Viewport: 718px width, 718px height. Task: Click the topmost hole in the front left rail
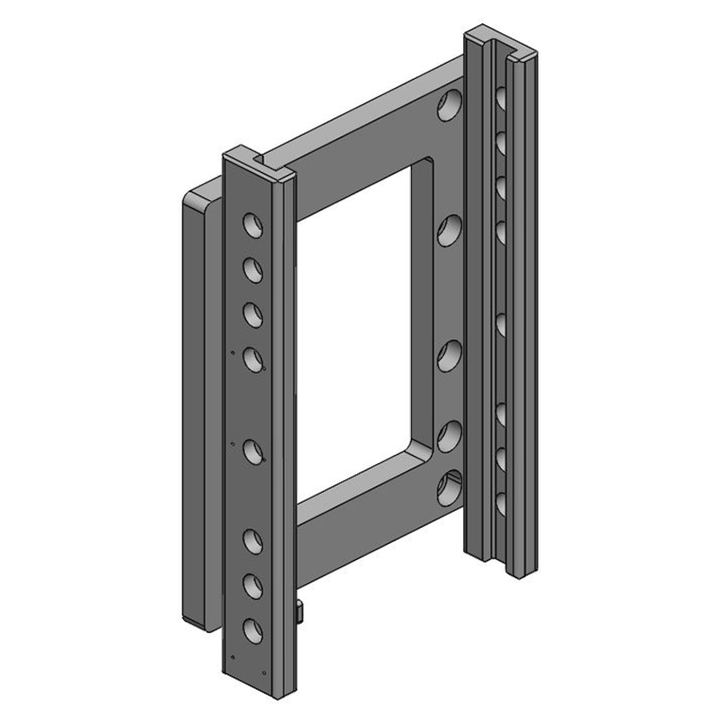click(x=251, y=222)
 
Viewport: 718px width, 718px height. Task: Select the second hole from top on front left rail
click(x=251, y=267)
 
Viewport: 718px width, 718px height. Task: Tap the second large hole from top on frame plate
click(x=449, y=231)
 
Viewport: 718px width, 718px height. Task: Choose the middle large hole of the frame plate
click(x=449, y=356)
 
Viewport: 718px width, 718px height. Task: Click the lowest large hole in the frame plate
click(x=449, y=489)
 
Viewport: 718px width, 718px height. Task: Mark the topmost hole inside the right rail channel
click(x=502, y=97)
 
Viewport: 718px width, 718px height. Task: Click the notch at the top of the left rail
click(x=267, y=163)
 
